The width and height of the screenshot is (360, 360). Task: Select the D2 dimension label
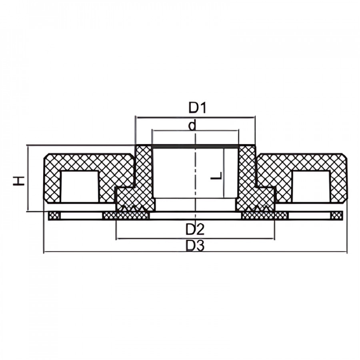tap(195, 229)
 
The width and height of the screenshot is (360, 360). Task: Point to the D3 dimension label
tap(195, 246)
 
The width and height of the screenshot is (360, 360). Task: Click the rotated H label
tap(18, 181)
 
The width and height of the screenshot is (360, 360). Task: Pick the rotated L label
tap(216, 176)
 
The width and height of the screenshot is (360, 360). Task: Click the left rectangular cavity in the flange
tap(80, 187)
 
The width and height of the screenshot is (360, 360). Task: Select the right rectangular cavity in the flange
tap(311, 187)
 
